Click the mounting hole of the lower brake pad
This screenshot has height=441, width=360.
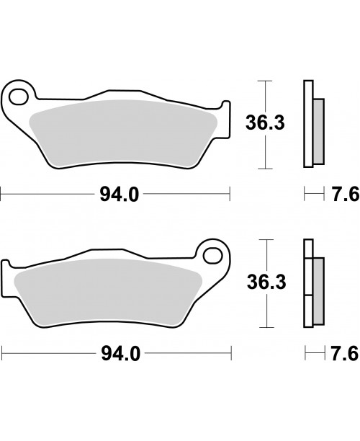(x=212, y=254)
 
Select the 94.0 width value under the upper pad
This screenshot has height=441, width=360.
(x=115, y=194)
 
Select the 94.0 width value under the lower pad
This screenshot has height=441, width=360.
(x=115, y=353)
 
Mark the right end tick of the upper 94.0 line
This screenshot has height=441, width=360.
(x=229, y=194)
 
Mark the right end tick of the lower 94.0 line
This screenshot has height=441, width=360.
(x=229, y=353)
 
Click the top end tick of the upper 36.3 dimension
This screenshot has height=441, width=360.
(x=267, y=82)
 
